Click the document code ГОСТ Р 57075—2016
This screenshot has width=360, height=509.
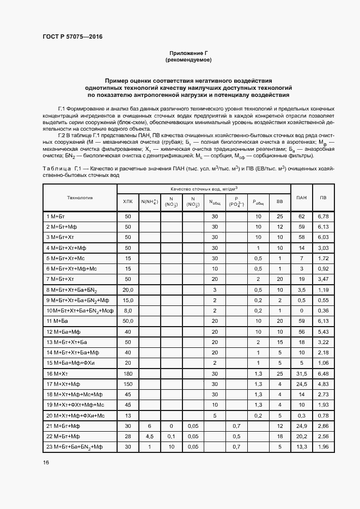click(72, 37)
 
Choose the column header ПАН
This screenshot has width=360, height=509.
click(301, 197)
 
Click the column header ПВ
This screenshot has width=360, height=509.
click(323, 197)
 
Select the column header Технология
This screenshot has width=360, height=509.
click(80, 197)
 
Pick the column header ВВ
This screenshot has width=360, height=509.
click(280, 202)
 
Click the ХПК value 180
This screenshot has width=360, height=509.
click(128, 373)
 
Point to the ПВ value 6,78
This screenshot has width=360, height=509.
click(323, 217)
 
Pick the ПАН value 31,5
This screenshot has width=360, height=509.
click(301, 373)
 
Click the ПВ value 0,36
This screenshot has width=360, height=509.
click(323, 311)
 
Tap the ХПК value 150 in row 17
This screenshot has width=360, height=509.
click(128, 384)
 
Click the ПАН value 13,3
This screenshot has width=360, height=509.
click(301, 447)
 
